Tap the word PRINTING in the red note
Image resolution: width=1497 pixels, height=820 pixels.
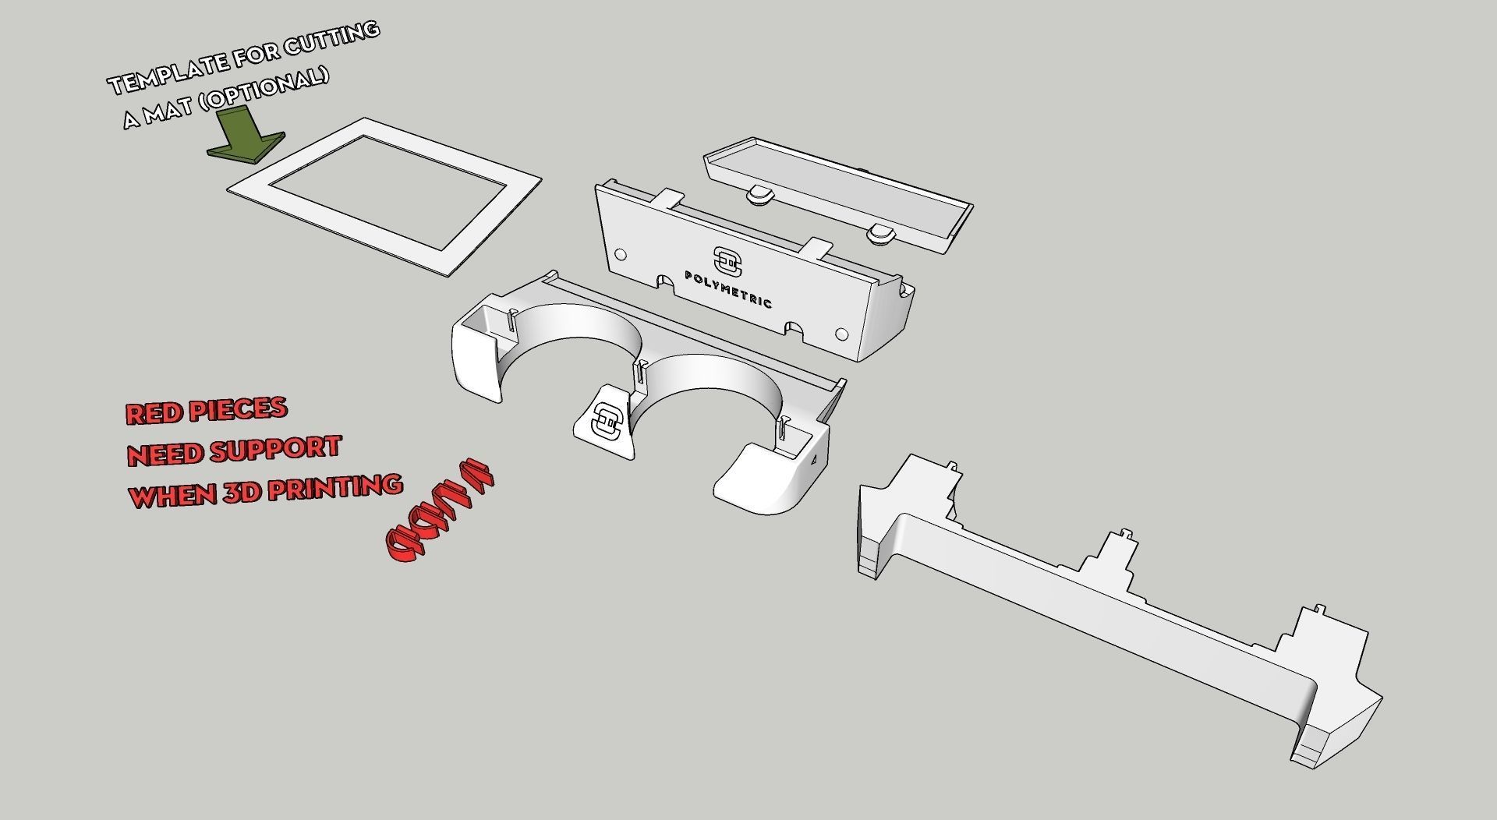click(x=327, y=488)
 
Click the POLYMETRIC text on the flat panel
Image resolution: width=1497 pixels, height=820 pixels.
click(x=728, y=289)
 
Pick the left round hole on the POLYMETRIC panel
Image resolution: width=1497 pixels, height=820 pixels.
click(x=621, y=254)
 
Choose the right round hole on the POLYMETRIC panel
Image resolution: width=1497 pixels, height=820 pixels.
click(x=841, y=334)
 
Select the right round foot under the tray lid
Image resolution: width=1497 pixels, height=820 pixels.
click(x=882, y=233)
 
